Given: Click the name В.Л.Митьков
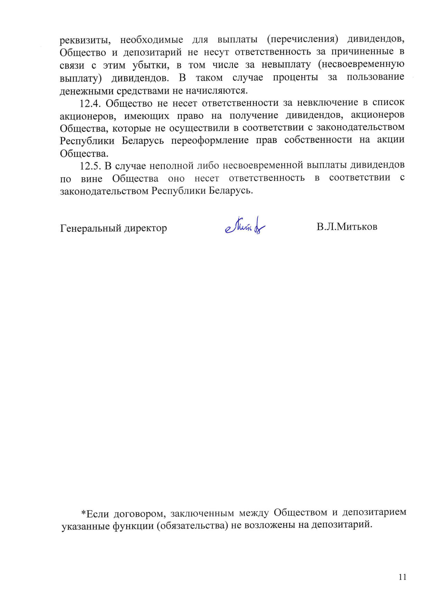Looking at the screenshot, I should [347, 227].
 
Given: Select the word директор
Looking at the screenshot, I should [146, 228].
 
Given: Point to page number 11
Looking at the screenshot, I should [402, 577].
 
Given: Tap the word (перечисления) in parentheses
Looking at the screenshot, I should [302, 39].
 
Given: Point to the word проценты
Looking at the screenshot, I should [295, 77].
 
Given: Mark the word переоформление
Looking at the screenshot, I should [210, 141].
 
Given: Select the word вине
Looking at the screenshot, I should [91, 179].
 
